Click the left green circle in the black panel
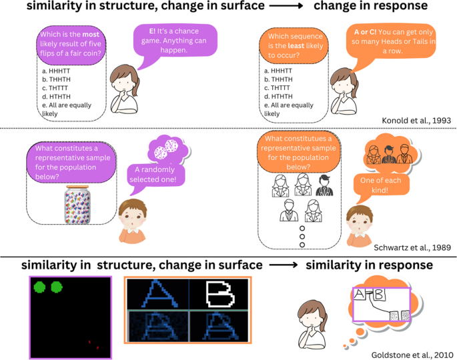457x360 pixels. [40, 288]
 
